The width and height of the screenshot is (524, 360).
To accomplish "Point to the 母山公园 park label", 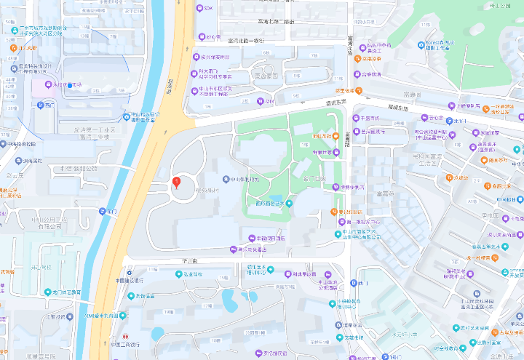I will coord(501,6).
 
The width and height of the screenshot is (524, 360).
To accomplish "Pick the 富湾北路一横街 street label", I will coord(247,41).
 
